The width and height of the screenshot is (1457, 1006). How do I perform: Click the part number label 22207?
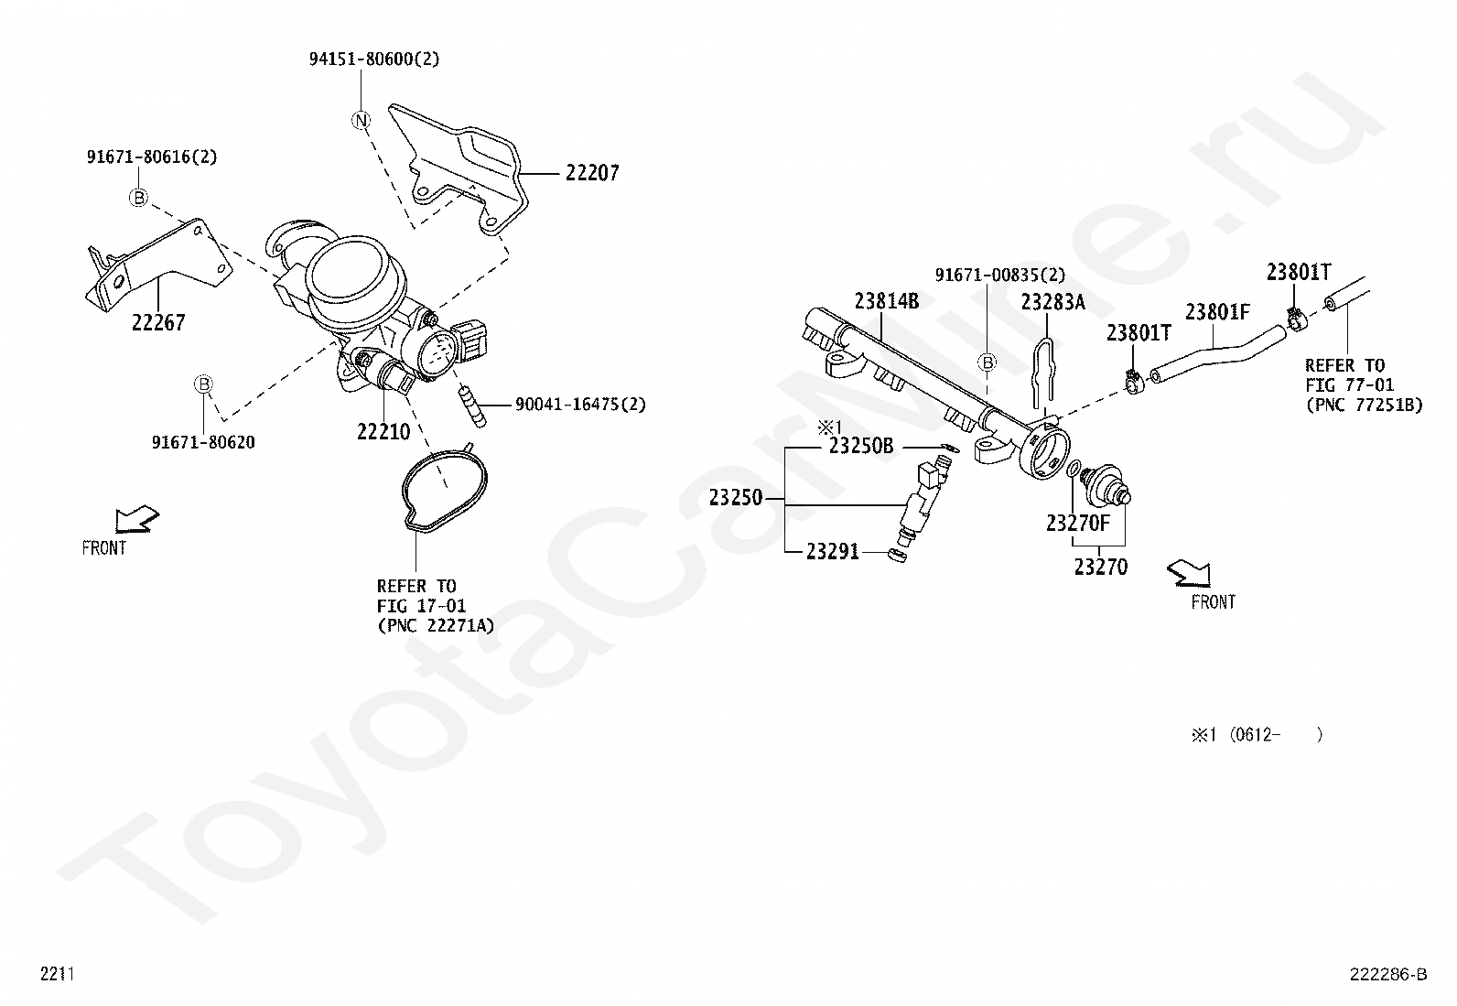point(591,172)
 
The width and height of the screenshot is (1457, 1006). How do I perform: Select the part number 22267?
point(158,322)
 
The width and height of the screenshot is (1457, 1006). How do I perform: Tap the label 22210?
point(383,430)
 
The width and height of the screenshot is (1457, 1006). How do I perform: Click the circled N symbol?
point(362,120)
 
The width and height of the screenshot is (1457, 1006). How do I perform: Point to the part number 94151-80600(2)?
point(373,59)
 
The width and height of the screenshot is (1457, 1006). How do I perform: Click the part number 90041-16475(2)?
point(580,404)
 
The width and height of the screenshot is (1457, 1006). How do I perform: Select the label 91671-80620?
point(203,442)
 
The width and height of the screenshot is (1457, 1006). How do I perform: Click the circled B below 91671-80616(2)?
point(138,198)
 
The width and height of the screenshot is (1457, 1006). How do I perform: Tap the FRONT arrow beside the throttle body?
point(135,521)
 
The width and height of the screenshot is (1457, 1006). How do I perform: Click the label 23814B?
point(887,300)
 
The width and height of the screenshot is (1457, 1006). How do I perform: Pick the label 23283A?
point(1052,301)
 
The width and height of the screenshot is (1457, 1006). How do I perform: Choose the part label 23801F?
point(1217,312)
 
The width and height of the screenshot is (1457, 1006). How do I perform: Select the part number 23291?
point(832,551)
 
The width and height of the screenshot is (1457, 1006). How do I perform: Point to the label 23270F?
point(1077,523)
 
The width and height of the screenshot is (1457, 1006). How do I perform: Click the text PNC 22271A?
point(436,625)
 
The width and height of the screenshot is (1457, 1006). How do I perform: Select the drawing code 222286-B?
point(1387,974)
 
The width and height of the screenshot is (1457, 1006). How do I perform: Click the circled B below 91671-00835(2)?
point(988,363)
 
